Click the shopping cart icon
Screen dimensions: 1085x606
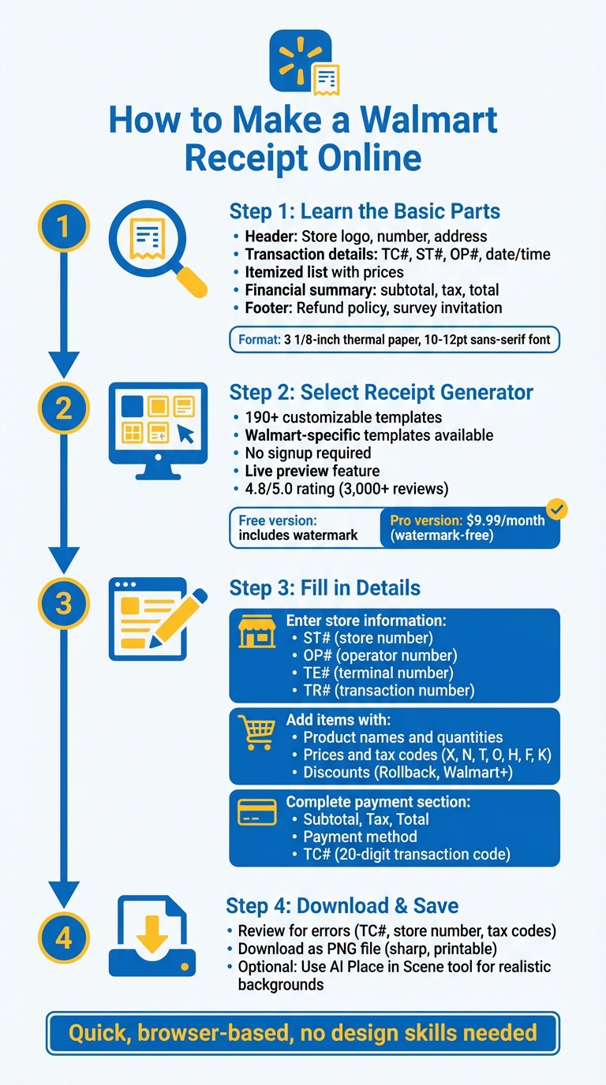click(x=257, y=733)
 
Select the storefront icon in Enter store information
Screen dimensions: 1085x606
click(x=257, y=632)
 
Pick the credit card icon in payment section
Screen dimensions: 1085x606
click(x=257, y=812)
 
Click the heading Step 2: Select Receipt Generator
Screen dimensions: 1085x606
click(x=381, y=393)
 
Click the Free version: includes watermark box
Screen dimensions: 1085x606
click(x=304, y=528)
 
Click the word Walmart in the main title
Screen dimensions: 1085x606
click(x=429, y=120)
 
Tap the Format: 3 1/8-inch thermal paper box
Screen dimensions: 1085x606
click(x=394, y=340)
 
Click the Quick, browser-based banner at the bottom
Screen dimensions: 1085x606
click(x=303, y=1033)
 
